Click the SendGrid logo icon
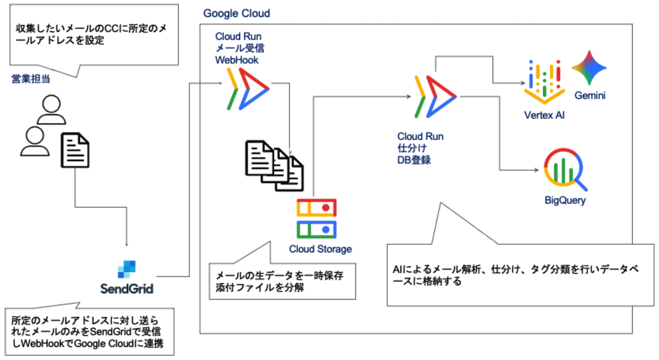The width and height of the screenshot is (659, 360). (126, 268)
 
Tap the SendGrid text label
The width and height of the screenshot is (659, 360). (127, 289)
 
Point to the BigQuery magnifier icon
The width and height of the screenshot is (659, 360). (565, 170)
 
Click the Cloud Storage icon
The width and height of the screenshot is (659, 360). (316, 218)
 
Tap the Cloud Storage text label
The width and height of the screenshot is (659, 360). (320, 249)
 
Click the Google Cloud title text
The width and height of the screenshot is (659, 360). (237, 13)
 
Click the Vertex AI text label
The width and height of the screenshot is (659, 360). (544, 116)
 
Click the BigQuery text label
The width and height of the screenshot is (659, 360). (565, 200)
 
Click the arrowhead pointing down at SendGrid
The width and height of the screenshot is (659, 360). (127, 244)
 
